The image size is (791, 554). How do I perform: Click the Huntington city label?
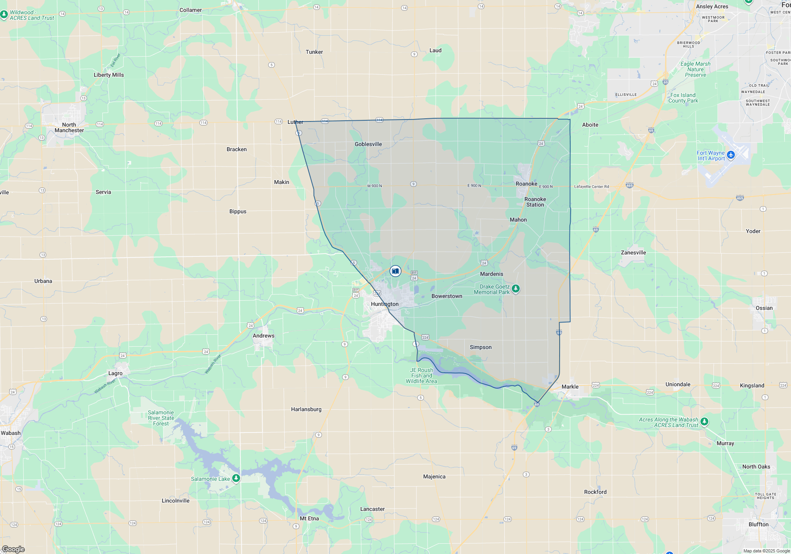coord(384,304)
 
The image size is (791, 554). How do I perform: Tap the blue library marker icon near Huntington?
coord(395,271)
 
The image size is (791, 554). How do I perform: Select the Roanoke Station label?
coord(535,202)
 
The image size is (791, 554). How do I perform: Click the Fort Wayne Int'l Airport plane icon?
coord(731,155)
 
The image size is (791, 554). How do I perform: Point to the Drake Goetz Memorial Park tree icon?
coord(515,289)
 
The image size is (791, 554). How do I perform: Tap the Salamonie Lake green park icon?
coord(236,478)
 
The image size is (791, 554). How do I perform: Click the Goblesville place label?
coord(368,144)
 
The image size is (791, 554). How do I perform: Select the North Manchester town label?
coord(69,128)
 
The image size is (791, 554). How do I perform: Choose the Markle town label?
coord(570,387)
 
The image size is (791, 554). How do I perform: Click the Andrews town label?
coord(263,336)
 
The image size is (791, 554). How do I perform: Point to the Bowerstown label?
coord(447,296)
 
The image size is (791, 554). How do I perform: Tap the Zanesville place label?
coord(633,253)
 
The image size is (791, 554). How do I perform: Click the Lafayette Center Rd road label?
coord(591,187)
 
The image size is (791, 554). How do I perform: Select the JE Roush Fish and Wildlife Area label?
coord(422,376)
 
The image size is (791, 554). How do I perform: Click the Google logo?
coord(13,549)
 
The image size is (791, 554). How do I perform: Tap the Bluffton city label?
coord(758,525)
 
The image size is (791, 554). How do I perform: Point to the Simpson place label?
coord(481,347)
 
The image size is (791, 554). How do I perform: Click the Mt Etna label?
coord(309,519)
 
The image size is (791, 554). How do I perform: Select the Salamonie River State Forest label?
coord(161,418)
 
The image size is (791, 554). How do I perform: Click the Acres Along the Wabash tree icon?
coord(704,421)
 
